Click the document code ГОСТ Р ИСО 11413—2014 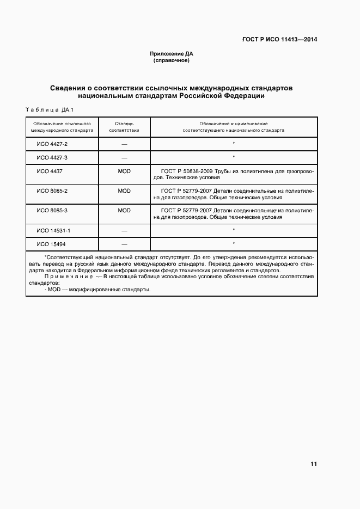279,40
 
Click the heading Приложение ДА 172,54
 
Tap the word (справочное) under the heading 172,60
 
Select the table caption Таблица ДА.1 50,111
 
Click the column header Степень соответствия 124,127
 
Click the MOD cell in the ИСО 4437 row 124,171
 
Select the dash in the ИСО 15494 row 124,244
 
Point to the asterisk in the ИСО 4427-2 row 233,144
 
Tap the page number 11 313,464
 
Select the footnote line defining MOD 97,290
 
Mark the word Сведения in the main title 70,88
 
